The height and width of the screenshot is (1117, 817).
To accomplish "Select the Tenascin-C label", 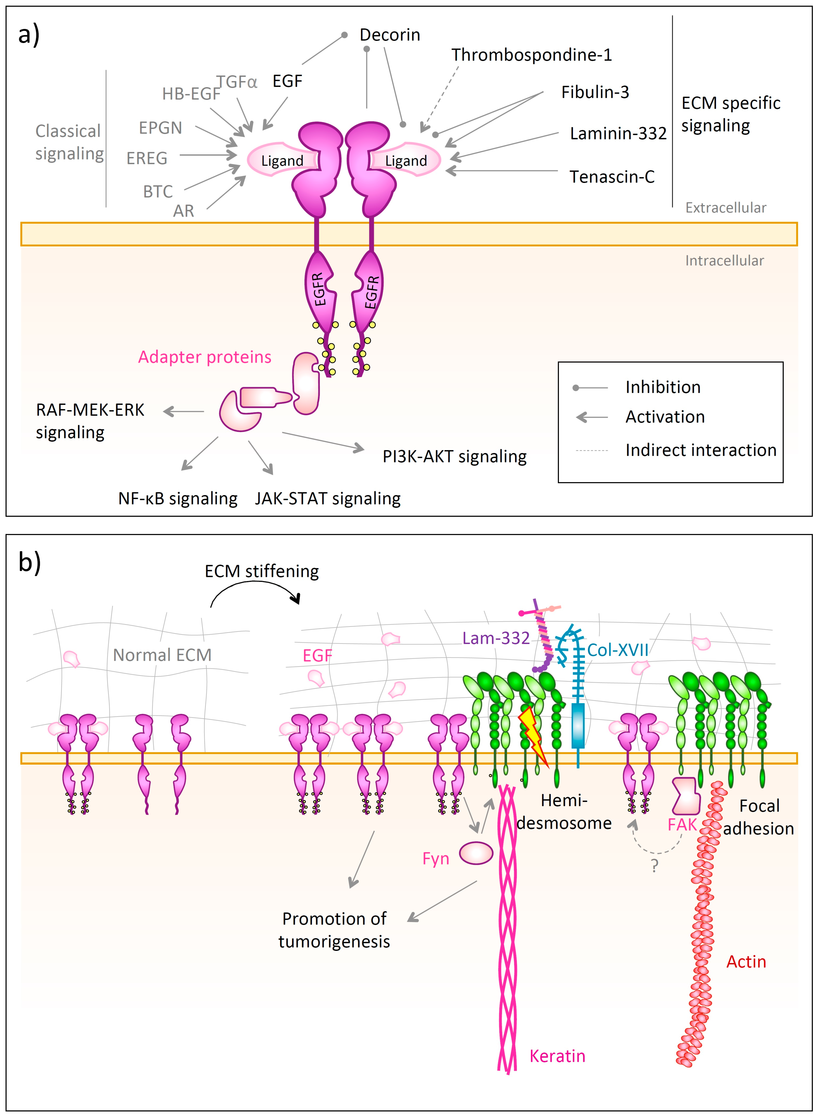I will tap(612, 177).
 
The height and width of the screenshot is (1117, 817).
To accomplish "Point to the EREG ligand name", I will tap(147, 158).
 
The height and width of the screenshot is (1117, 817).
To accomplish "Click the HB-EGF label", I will tap(191, 93).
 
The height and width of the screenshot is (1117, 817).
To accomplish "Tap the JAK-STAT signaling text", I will tap(327, 498).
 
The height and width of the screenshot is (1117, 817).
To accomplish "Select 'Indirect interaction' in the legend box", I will tap(701, 450).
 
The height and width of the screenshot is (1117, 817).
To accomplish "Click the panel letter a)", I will tap(29, 36).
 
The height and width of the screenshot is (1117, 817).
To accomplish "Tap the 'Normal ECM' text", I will tap(162, 655).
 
